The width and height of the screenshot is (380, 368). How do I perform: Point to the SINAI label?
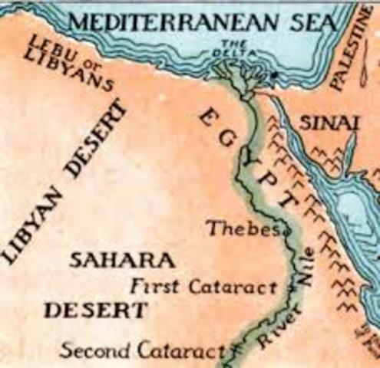pyautogui.click(x=320, y=122)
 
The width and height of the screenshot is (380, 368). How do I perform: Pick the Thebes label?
pyautogui.click(x=234, y=227)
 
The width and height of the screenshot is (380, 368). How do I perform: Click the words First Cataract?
pyautogui.click(x=202, y=287)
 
